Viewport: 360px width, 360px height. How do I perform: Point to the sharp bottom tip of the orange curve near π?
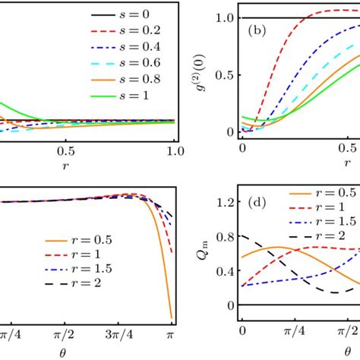click(x=172, y=317)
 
